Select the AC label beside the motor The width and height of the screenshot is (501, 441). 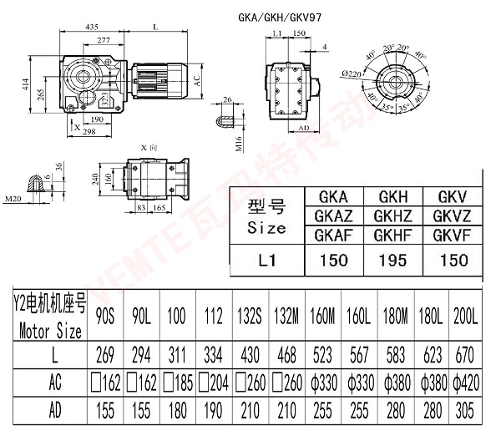[198, 81]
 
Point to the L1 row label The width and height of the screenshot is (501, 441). [268, 261]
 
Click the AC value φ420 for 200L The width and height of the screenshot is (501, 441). [466, 384]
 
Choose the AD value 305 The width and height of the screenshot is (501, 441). [466, 412]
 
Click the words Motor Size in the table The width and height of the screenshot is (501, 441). [50, 331]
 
